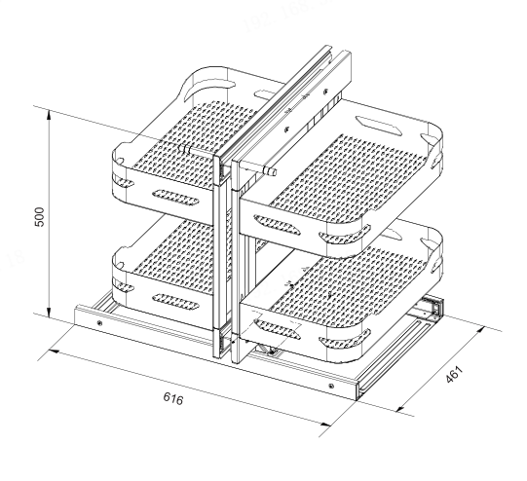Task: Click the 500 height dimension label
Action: (40, 217)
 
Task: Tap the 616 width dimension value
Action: (173, 398)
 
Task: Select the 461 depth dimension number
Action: (454, 373)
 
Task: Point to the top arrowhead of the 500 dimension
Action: (49, 115)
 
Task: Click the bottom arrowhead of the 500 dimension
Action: (49, 312)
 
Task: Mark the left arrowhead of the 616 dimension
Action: (55, 351)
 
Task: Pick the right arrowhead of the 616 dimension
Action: (325, 425)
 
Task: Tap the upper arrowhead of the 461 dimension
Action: (479, 331)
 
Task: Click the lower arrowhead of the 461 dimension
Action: (400, 408)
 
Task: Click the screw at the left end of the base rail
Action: (99, 323)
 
